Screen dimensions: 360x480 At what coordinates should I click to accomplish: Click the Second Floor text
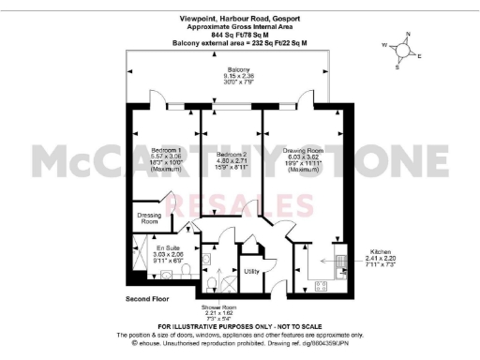pos(148,298)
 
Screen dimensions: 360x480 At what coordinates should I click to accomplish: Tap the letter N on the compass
pos(407,36)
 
